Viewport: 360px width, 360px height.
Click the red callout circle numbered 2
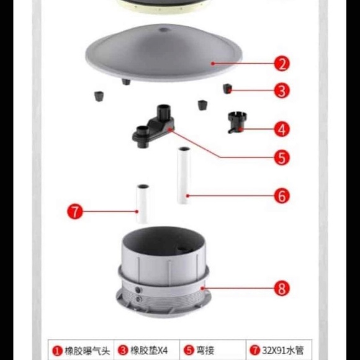282,63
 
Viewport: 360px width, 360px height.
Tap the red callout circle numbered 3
282,90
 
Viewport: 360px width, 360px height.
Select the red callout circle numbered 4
282,129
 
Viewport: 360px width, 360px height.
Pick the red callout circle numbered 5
282,158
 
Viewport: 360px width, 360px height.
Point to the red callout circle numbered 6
282,196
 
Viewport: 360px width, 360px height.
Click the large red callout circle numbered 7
75,212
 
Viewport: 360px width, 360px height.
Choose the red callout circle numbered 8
282,288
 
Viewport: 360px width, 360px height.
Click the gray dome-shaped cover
163,53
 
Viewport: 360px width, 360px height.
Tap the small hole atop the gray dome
163,29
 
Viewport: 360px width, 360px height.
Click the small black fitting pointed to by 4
235,122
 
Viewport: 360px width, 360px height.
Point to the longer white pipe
184,176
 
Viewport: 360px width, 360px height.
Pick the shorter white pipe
142,204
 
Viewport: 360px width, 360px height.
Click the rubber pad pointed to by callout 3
227,89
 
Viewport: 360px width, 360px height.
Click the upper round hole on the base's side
138,290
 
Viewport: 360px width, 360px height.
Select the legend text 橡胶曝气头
88,351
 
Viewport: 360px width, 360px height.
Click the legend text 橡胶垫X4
149,351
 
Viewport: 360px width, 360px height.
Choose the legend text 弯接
205,351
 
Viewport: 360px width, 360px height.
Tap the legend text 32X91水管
283,351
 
